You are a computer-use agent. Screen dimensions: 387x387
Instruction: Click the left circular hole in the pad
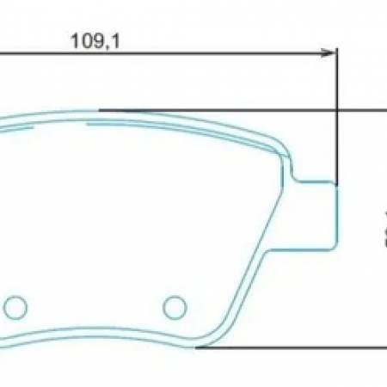pos(15,305)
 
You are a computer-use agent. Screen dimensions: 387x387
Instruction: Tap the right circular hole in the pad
pos(175,304)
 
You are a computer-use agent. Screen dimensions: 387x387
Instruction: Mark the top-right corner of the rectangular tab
pos(335,182)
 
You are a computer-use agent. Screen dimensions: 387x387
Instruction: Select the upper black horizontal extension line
pos(241,110)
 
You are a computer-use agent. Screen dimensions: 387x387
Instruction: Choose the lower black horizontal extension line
pos(292,347)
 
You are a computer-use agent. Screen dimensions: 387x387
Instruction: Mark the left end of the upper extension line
pos(101,110)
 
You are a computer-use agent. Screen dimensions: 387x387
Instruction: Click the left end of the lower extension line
pos(197,347)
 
